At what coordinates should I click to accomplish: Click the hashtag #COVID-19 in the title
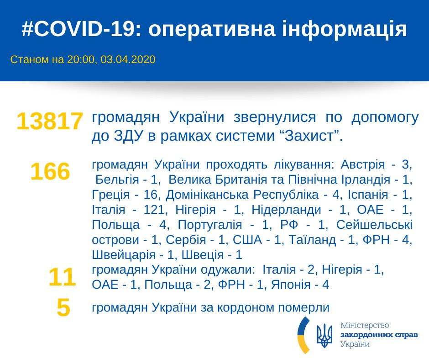coord(78,29)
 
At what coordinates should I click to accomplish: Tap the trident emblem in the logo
coord(324,336)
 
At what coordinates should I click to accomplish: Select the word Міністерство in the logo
coord(365,326)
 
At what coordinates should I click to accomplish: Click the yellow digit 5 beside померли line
coord(63,307)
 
